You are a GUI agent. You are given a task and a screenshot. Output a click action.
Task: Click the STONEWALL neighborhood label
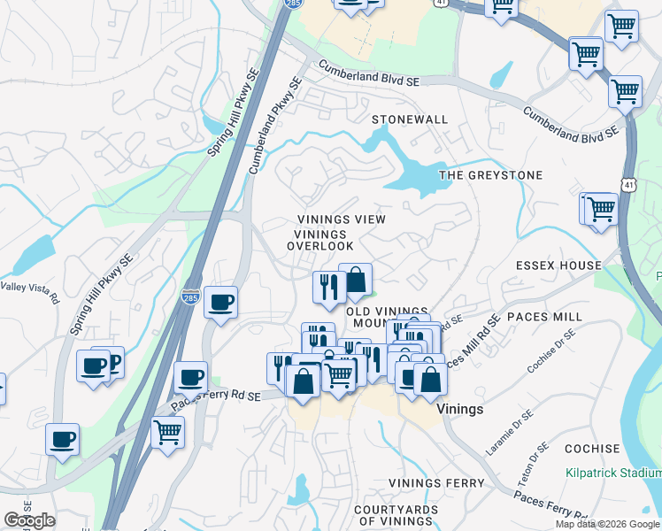410,119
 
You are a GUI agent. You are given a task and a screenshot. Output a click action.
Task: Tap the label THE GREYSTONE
490,175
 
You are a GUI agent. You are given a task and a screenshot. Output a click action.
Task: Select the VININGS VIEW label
342,219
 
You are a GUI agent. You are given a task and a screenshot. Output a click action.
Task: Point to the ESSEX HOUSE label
558,265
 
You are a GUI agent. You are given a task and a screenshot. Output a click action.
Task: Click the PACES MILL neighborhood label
550,316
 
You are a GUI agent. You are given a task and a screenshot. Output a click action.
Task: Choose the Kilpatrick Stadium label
613,473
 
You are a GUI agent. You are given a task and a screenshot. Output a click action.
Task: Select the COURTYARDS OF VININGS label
396,515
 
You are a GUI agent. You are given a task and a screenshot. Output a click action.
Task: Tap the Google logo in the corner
28,520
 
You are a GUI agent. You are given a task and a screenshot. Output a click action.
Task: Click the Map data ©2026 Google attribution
608,524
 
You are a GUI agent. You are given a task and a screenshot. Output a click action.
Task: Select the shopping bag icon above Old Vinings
355,280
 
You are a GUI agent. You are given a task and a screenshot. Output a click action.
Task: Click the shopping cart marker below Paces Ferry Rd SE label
167,434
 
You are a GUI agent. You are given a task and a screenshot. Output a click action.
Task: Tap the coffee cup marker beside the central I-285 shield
220,302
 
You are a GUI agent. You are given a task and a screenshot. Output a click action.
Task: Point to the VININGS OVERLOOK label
324,239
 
